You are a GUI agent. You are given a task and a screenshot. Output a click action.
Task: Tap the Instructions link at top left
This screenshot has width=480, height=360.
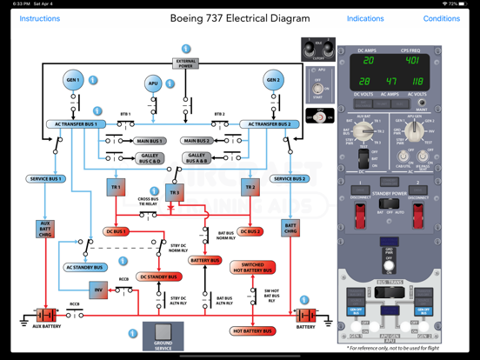coord(40,18)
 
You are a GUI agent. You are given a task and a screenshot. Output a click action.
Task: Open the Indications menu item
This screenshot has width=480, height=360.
coord(365,18)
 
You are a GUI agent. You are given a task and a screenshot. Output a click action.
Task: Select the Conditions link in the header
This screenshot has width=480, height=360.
coord(442,18)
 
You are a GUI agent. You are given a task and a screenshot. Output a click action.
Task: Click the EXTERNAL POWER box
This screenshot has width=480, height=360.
coord(185,63)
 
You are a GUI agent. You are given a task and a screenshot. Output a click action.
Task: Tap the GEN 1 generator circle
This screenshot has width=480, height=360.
coord(73,81)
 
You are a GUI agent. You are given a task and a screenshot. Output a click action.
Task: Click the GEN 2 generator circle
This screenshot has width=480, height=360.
coord(274,81)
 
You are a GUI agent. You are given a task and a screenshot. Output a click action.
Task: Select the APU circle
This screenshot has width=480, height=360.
coord(154,84)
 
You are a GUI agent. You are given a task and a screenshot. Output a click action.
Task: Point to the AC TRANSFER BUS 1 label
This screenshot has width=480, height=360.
coord(77,124)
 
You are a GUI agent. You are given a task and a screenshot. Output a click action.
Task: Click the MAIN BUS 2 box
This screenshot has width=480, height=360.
coord(197,141)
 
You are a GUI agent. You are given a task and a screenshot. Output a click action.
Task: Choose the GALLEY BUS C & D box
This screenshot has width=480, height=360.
coord(150,159)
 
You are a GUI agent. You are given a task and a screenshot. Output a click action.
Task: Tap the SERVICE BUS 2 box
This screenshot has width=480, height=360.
coord(290,179)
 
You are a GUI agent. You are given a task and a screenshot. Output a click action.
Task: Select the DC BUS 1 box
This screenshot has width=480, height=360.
coord(117,232)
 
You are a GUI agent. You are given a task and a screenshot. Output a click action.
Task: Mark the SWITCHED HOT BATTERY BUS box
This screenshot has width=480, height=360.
coord(253,268)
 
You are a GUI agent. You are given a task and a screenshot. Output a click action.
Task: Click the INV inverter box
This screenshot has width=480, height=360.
coord(98,290)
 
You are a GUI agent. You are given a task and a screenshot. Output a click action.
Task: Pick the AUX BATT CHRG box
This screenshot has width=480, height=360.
coord(45,230)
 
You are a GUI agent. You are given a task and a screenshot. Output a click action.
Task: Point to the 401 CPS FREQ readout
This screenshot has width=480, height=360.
coord(411,61)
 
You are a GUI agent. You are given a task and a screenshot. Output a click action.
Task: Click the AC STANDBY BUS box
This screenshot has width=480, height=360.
coord(85,268)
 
